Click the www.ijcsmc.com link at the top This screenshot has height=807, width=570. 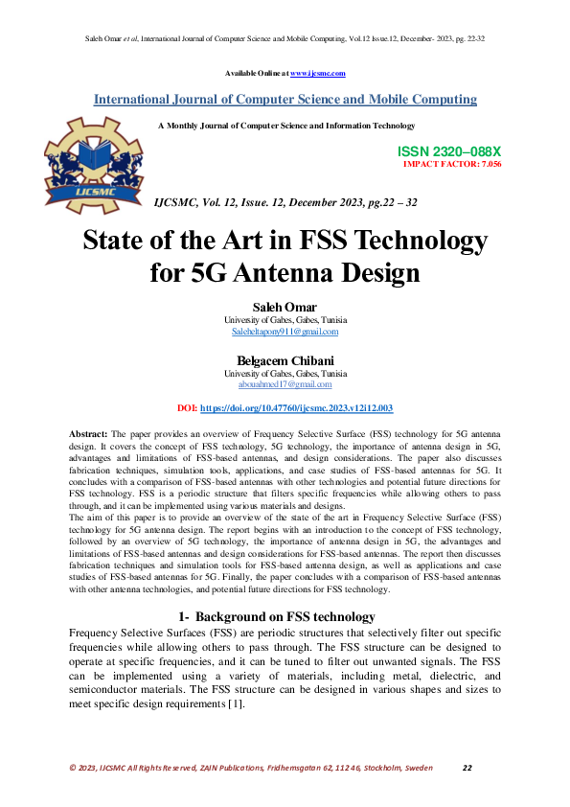point(317,73)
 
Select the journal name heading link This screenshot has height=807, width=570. point(285,99)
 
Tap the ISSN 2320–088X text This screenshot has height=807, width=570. point(448,152)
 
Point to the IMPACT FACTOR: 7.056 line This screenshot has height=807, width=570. point(452,164)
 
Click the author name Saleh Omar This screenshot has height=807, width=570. point(285,307)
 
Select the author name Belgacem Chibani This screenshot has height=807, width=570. point(285,361)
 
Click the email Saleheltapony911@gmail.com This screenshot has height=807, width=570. point(285,331)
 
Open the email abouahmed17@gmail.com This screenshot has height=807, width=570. point(285,384)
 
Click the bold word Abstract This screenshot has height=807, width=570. point(89,435)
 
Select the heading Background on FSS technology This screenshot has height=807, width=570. point(285,616)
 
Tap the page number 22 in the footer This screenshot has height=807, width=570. point(467,768)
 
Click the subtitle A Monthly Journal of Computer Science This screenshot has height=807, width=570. point(285,126)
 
